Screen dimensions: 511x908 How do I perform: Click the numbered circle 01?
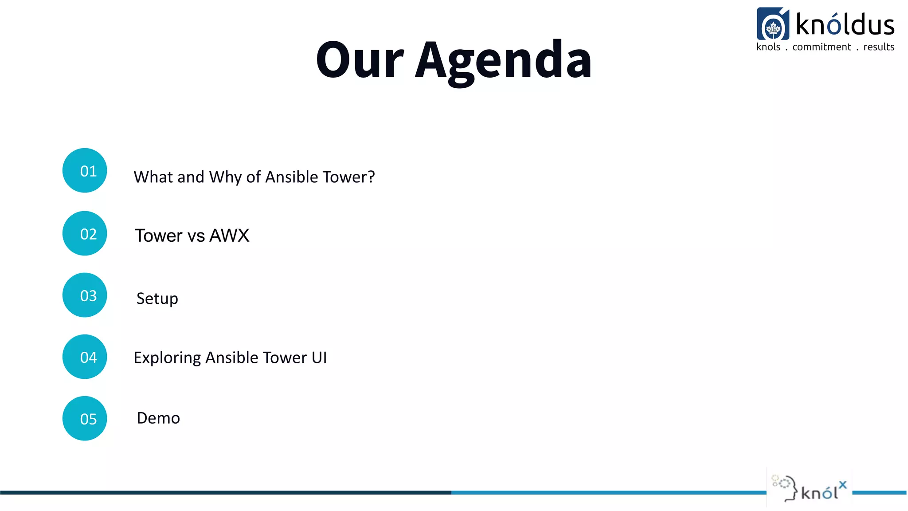pyautogui.click(x=85, y=170)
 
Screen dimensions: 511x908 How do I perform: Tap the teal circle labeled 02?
pyautogui.click(x=85, y=233)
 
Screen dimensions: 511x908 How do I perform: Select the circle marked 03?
pyautogui.click(x=85, y=295)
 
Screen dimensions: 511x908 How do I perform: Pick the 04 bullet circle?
pyautogui.click(x=85, y=357)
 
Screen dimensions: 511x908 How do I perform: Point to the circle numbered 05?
pyautogui.click(x=85, y=418)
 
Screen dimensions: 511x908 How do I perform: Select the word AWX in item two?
pyautogui.click(x=229, y=236)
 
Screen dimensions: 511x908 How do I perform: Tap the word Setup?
pyautogui.click(x=157, y=299)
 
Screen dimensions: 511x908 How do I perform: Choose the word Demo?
pyautogui.click(x=158, y=418)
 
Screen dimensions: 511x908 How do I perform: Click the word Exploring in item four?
pyautogui.click(x=168, y=358)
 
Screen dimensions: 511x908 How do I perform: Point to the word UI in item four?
pyautogui.click(x=319, y=358)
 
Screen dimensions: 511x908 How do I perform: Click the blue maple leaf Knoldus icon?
pyautogui.click(x=773, y=24)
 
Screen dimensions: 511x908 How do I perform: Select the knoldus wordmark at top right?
pyautogui.click(x=845, y=25)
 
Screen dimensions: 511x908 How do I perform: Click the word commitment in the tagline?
pyautogui.click(x=822, y=47)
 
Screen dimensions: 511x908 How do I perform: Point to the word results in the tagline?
pyautogui.click(x=879, y=47)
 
